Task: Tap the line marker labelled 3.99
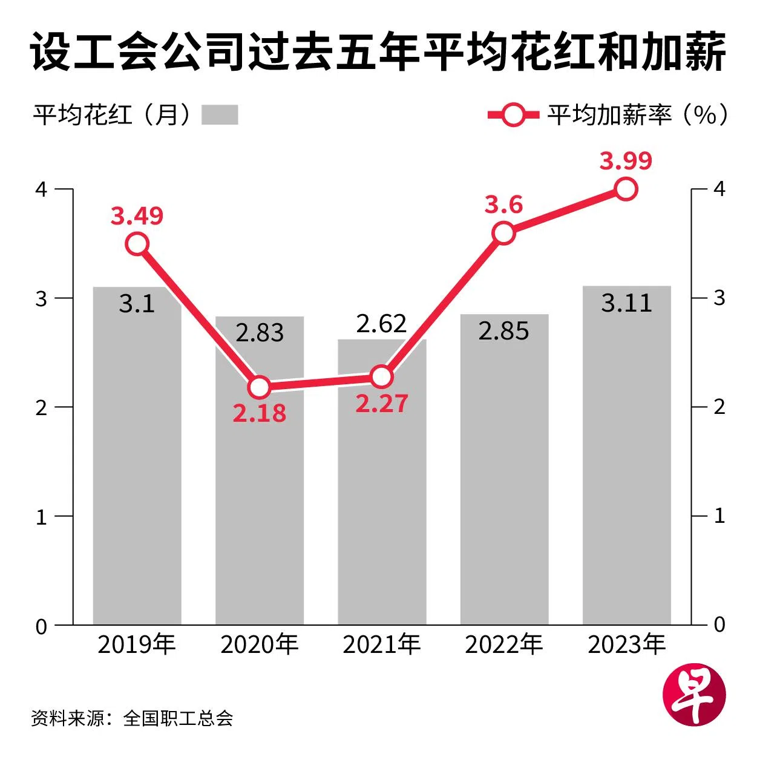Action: (626, 189)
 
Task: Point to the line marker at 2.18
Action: (259, 387)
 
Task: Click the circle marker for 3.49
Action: (137, 244)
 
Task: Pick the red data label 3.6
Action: (503, 205)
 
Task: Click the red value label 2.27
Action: (382, 404)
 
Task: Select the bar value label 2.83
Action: (260, 332)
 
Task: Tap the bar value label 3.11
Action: (626, 303)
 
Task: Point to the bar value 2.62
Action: (381, 324)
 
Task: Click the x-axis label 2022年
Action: (503, 645)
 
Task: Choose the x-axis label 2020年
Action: (259, 645)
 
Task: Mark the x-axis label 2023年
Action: (626, 645)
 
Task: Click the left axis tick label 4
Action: (41, 189)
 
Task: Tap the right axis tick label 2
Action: (719, 407)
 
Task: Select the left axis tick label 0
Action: (41, 626)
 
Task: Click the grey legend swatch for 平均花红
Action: (219, 114)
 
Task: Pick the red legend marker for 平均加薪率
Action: (513, 114)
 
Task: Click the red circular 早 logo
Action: (694, 696)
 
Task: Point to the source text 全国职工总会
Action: (178, 718)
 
